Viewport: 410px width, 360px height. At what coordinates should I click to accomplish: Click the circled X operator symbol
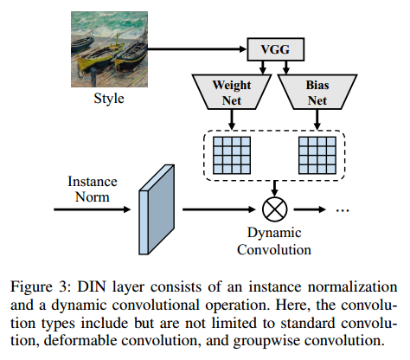click(274, 209)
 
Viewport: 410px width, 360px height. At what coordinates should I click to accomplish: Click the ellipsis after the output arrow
click(342, 209)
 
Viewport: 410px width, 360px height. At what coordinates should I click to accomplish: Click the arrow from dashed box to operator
click(274, 187)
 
